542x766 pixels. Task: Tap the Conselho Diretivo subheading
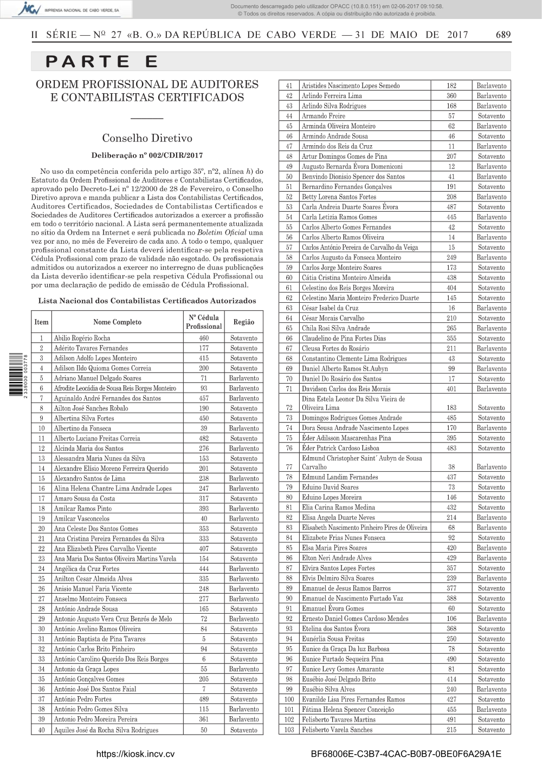click(x=147, y=138)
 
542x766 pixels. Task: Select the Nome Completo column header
click(x=117, y=322)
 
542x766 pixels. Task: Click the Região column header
click(x=243, y=322)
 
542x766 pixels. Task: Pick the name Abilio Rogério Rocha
click(x=82, y=338)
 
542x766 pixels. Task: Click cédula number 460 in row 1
click(x=204, y=338)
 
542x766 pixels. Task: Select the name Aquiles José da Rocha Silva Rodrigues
click(x=106, y=730)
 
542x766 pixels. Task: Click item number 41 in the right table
click(x=288, y=86)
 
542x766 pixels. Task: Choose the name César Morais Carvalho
click(x=333, y=318)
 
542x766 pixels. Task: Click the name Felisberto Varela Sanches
click(x=337, y=730)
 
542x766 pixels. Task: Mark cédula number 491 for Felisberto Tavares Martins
click(x=451, y=719)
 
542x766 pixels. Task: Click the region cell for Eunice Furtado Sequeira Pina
click(x=492, y=659)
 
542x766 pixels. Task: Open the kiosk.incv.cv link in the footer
click(x=136, y=754)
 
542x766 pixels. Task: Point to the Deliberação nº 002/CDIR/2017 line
click(x=147, y=155)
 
